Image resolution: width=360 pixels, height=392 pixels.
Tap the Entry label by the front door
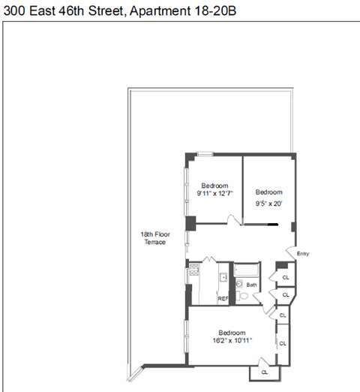303,254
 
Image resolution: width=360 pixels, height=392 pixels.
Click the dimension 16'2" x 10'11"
231,340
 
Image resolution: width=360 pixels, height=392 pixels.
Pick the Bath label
252,285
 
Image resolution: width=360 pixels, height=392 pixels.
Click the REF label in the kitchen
223,298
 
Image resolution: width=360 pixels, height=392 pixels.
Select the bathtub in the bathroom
248,270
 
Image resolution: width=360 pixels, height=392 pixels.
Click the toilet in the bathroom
243,296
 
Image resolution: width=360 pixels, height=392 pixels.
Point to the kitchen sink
223,277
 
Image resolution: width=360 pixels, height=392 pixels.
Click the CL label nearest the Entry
285,277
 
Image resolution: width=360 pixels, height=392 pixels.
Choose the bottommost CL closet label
265,372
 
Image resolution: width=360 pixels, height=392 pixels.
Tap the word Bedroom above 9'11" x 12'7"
214,186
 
